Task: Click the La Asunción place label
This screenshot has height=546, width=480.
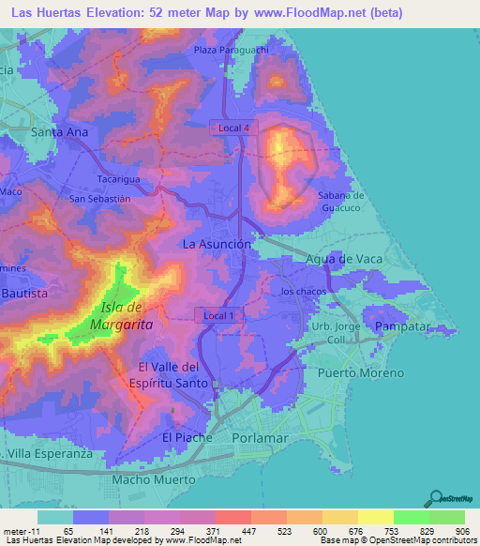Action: pos(217,244)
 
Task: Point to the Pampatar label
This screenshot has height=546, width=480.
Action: pos(402,326)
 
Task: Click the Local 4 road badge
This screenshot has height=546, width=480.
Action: pos(233,127)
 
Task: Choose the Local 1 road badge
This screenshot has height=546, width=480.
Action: pos(218,317)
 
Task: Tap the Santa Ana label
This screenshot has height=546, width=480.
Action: pos(60,132)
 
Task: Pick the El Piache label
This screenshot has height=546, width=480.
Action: pos(187,438)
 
